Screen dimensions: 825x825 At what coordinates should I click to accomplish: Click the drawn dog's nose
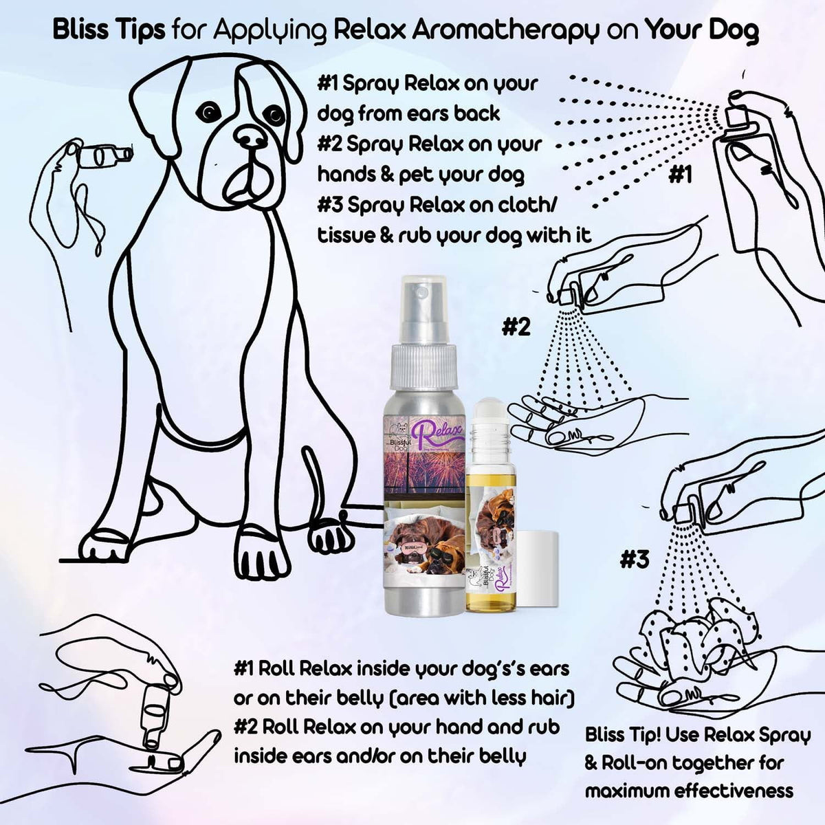[x=250, y=135]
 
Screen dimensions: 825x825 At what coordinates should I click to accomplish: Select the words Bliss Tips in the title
[x=109, y=30]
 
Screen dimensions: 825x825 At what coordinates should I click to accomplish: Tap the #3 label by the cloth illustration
[x=634, y=560]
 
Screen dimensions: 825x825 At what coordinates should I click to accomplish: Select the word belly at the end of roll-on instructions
[x=499, y=757]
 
